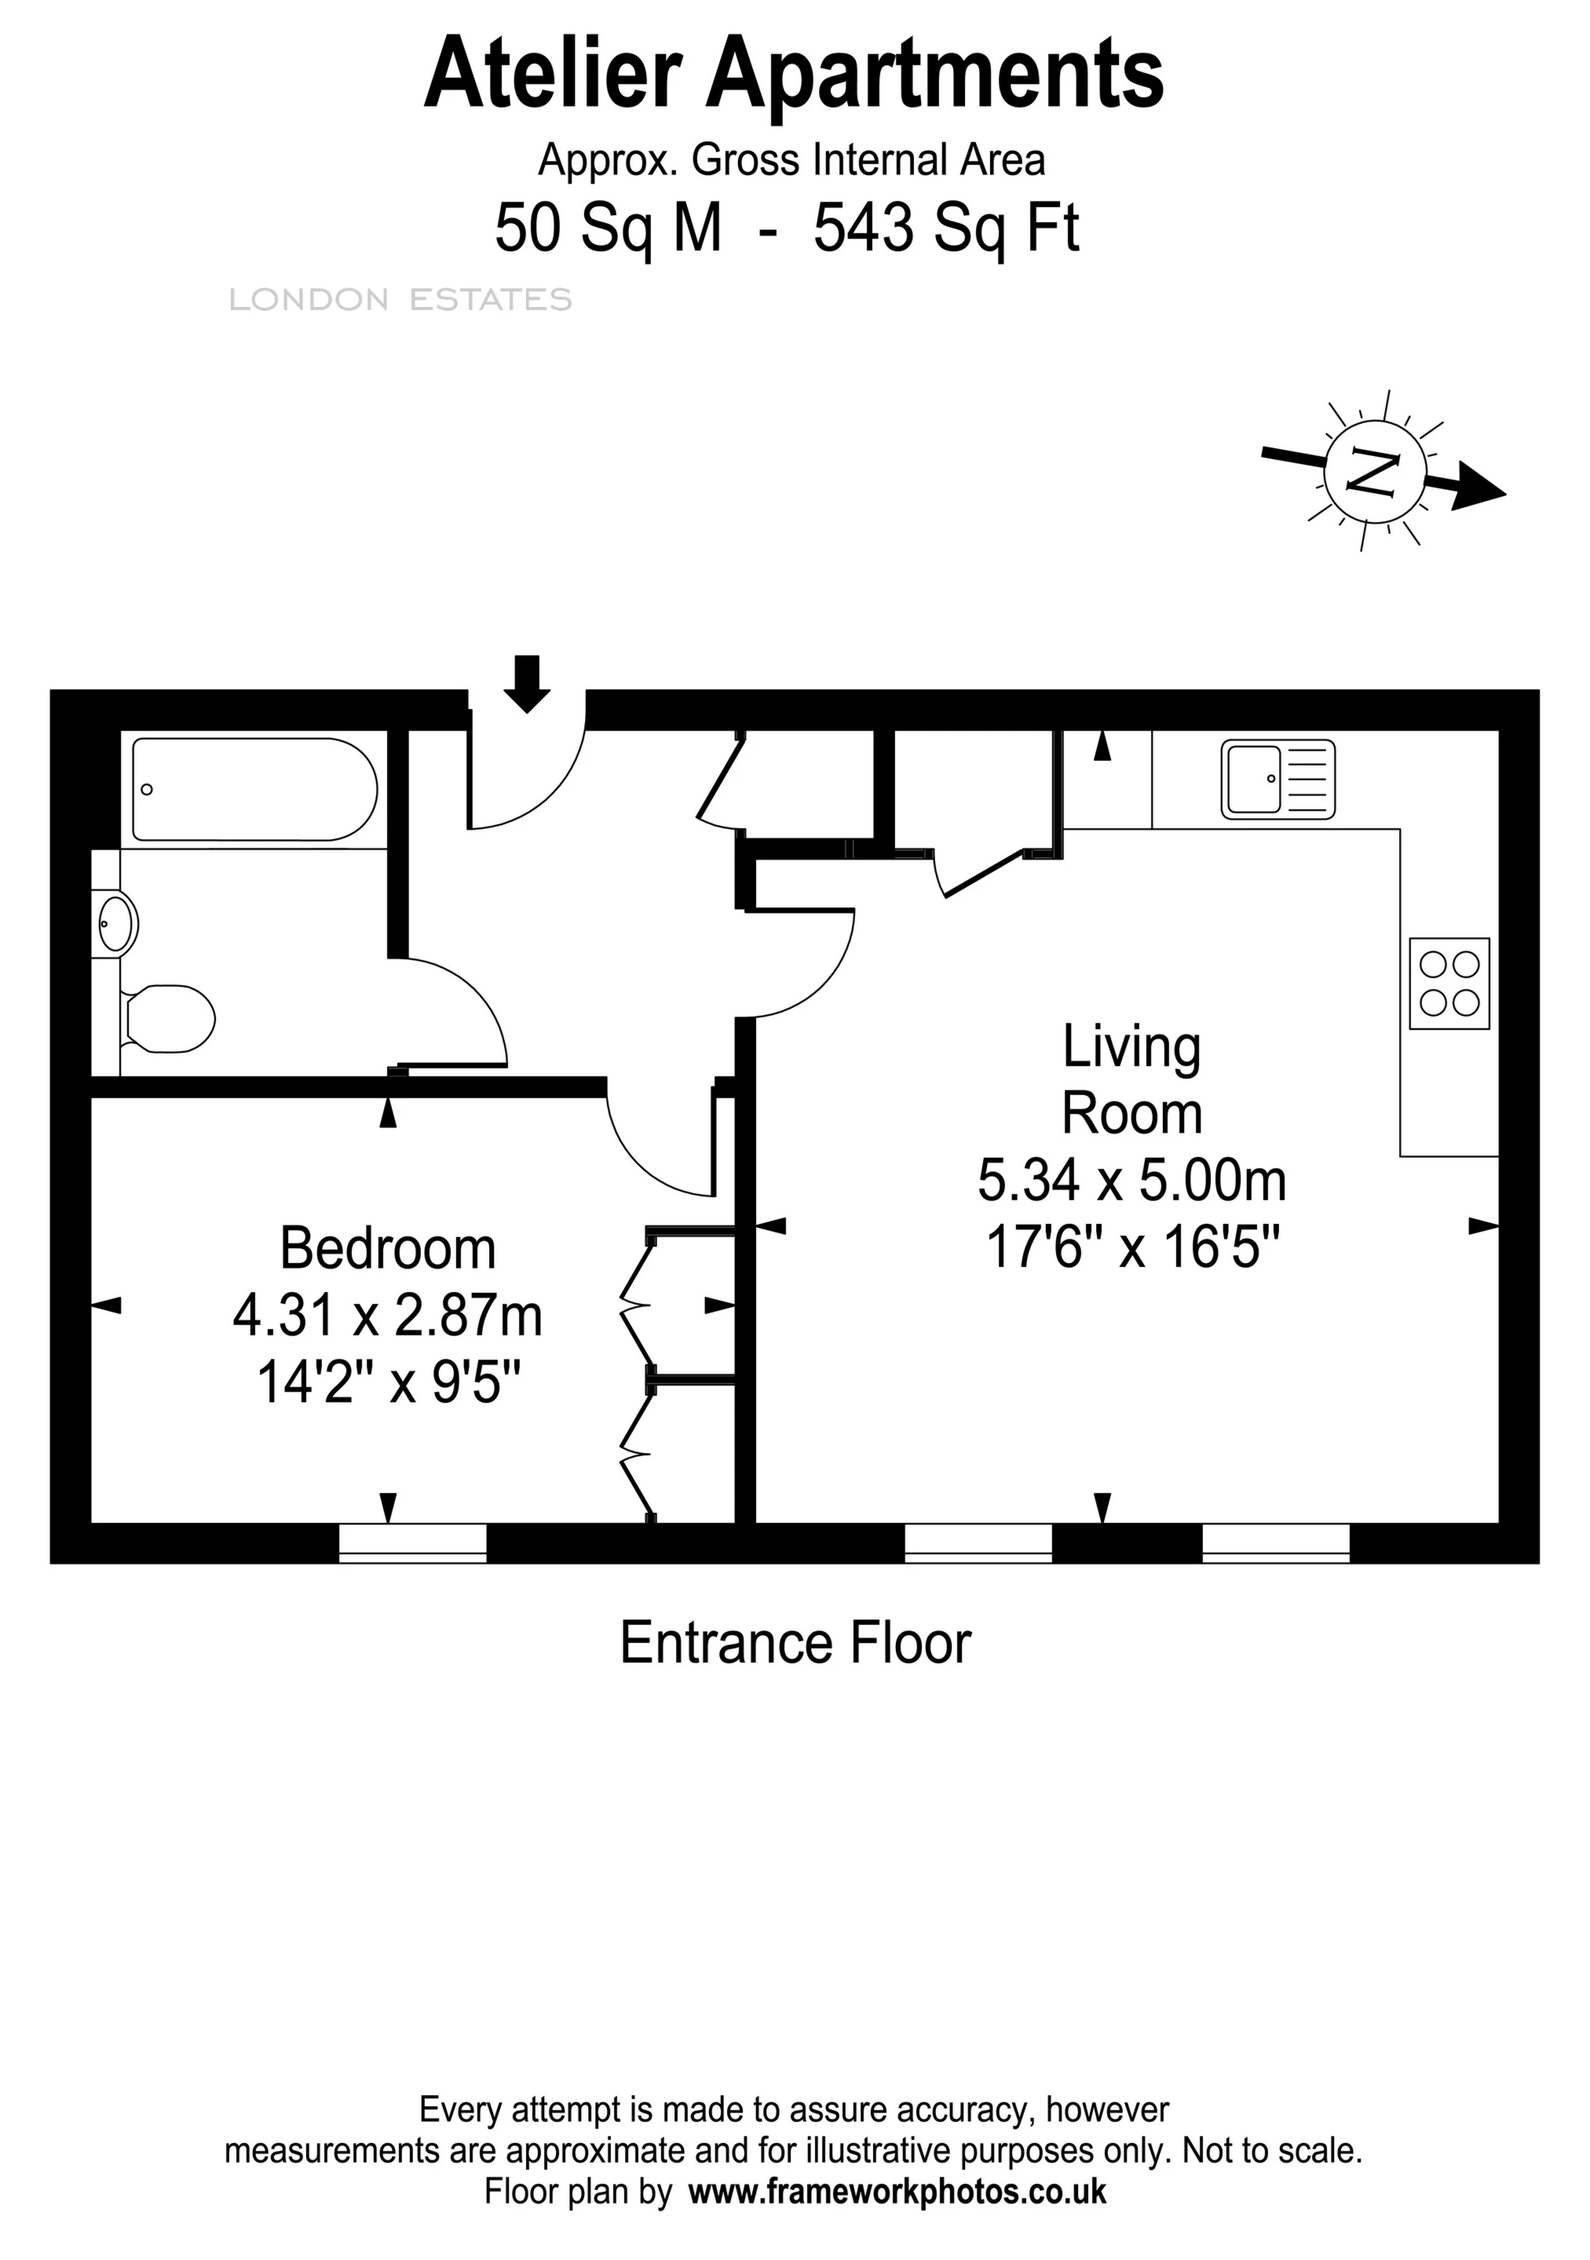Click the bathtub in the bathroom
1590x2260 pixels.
254,790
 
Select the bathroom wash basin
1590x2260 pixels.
116,923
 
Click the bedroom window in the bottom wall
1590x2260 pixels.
412,1543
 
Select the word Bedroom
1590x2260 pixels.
388,1249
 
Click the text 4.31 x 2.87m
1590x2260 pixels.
388,1316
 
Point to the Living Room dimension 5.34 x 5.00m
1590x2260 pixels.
1131,1180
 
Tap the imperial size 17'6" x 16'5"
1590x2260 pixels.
1131,1247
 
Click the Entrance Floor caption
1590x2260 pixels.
795,1643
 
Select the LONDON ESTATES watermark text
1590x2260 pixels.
400,299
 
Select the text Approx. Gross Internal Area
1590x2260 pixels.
791,159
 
